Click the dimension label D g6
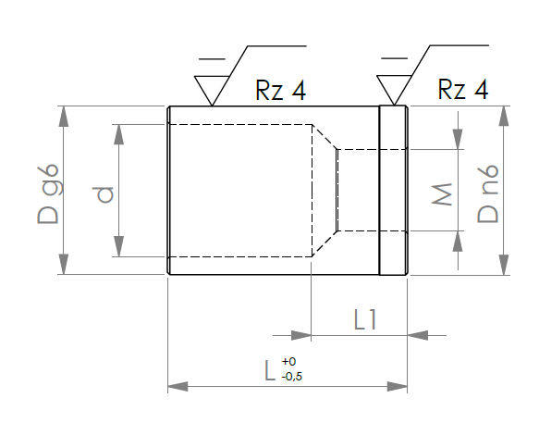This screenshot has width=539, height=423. pos(48,193)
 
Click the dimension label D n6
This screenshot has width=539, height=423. pos(488,193)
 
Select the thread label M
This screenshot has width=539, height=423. pos(442,194)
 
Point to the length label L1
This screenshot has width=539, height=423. pos(365,319)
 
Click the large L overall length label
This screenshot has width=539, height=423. pos(270,370)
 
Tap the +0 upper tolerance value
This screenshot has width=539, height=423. pos(288,361)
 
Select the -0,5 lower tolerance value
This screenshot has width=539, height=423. pos(292,377)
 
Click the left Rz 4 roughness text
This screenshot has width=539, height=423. pos(280,90)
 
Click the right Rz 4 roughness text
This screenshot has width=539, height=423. pos(463,89)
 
